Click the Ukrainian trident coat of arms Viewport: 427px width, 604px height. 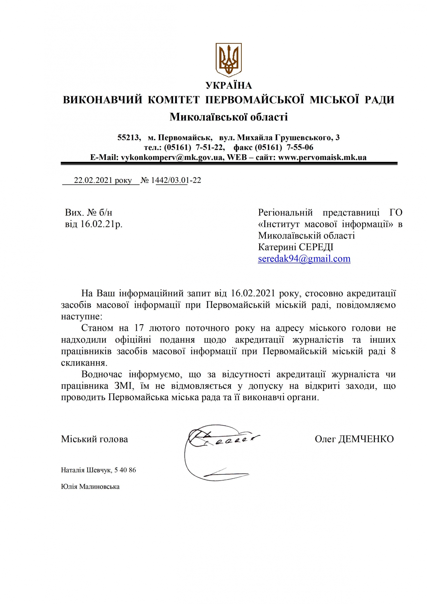coord(228,60)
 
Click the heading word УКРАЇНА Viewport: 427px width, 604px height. coord(229,85)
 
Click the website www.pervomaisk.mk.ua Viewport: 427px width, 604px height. coord(322,157)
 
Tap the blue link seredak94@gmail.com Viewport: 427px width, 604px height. coord(304,259)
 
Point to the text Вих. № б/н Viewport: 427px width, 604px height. coord(89,212)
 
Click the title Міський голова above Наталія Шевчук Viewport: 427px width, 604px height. coord(95,439)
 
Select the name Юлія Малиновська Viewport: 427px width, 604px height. coord(90,486)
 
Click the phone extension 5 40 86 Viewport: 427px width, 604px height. coord(125,470)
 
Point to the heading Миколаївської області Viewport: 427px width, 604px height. coord(229,117)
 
